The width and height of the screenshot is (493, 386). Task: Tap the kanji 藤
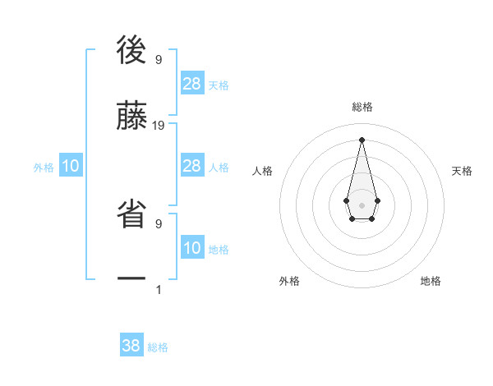pyautogui.click(x=131, y=117)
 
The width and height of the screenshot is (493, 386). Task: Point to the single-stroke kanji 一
pyautogui.click(x=131, y=280)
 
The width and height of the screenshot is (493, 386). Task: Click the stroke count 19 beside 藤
pyautogui.click(x=159, y=126)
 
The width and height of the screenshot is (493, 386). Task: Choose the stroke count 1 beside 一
pyautogui.click(x=158, y=289)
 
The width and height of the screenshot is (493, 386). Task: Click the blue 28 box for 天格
pyautogui.click(x=192, y=83)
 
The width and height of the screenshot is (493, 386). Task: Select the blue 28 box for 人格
pyautogui.click(x=192, y=166)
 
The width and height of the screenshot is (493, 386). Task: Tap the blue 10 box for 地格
pyautogui.click(x=192, y=247)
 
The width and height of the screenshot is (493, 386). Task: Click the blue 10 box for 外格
pyautogui.click(x=71, y=166)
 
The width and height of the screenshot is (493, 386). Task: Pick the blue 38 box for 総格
pyautogui.click(x=131, y=346)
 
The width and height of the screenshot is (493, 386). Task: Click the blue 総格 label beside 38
pyautogui.click(x=158, y=347)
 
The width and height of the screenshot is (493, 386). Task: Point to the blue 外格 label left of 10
pyautogui.click(x=44, y=168)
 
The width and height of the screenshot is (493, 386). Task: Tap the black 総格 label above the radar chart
pyautogui.click(x=362, y=107)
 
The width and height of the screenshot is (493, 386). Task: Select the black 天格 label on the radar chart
pyautogui.click(x=463, y=171)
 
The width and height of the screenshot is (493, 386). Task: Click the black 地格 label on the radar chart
pyautogui.click(x=431, y=281)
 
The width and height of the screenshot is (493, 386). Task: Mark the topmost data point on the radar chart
pyautogui.click(x=362, y=140)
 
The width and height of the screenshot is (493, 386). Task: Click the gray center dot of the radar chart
pyautogui.click(x=362, y=204)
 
